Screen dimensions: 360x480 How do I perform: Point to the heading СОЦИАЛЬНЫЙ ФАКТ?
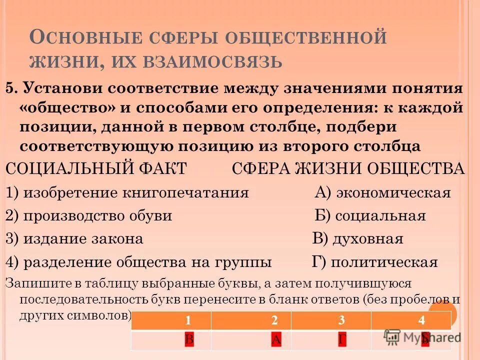pos(96,169)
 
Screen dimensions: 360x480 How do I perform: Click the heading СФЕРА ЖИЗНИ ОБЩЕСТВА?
pos(348,169)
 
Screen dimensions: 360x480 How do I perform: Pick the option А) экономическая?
pos(382,193)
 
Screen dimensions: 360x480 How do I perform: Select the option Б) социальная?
pos(370,216)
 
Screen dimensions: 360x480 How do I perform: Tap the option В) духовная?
pos(357,239)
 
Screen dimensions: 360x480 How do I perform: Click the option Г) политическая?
pos(374,262)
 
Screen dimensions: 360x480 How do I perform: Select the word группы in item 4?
pos(243,262)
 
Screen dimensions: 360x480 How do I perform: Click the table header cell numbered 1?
pos(188,320)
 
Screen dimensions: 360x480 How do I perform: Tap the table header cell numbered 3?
pos(341,320)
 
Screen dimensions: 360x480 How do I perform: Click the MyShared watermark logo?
pos(422,336)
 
